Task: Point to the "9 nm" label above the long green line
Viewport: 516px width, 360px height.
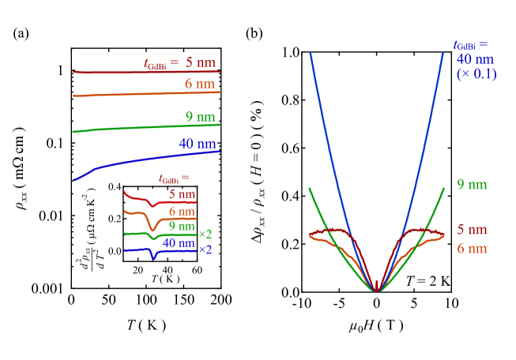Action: tap(200, 117)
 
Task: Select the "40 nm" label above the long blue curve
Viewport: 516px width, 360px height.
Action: tap(197, 144)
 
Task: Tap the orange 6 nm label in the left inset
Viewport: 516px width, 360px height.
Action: tap(182, 212)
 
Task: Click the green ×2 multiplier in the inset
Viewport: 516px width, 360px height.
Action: tap(205, 234)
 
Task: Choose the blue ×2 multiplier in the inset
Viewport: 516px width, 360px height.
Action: tap(205, 249)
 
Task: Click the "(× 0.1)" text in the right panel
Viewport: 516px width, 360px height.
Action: tap(476, 73)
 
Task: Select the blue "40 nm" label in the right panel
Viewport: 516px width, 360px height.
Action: tap(475, 58)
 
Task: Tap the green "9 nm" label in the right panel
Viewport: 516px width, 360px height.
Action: tap(472, 185)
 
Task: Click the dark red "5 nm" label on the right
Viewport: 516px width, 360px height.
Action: tap(472, 230)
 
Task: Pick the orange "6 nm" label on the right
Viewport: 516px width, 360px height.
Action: tap(472, 249)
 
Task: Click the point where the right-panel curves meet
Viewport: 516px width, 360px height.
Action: tap(377, 292)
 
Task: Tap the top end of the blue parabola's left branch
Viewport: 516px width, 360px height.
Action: tap(310, 53)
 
